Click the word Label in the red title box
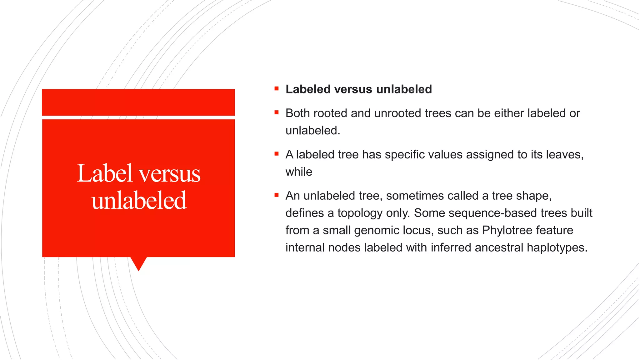coord(104,174)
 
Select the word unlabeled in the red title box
coord(139,201)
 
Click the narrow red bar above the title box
coord(138,102)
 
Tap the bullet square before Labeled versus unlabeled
coord(276,89)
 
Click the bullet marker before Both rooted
coord(276,112)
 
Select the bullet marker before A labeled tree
coord(276,154)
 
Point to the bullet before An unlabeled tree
coord(276,195)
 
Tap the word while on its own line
coord(299,172)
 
